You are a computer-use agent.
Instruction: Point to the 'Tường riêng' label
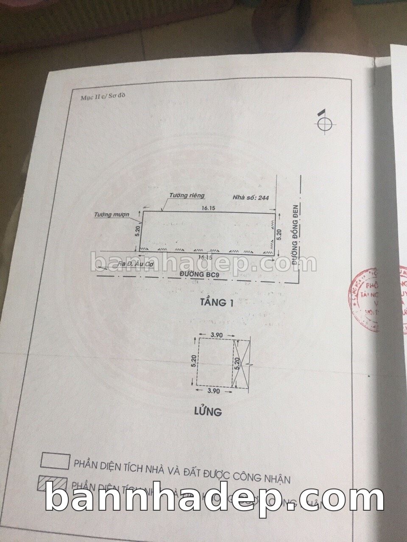(187, 196)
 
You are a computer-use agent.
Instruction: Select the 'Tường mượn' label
(112, 215)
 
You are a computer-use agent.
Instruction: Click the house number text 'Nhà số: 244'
(251, 197)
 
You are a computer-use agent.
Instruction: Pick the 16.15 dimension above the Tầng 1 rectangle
(207, 208)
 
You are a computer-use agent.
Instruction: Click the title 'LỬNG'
(209, 410)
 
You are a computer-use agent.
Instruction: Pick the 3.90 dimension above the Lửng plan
(216, 335)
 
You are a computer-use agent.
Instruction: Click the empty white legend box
(54, 462)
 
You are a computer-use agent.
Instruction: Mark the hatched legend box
(53, 484)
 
